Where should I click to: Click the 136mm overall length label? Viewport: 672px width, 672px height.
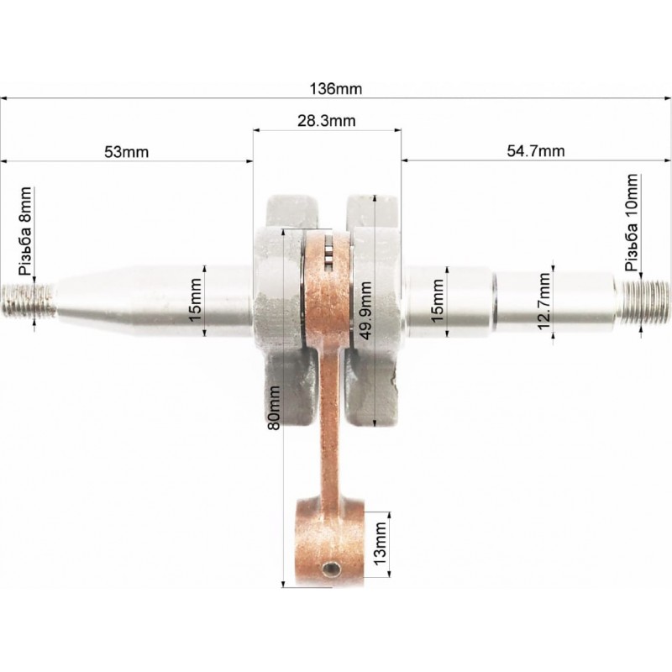[335, 89]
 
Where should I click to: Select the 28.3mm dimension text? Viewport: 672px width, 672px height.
[327, 121]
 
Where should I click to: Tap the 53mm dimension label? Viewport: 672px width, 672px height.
[127, 152]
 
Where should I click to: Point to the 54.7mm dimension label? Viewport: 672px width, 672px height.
[536, 151]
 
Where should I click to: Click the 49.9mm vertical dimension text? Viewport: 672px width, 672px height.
[365, 310]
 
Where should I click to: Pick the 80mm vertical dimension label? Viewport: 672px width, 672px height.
[274, 407]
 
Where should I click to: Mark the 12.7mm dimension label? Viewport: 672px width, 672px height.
[543, 301]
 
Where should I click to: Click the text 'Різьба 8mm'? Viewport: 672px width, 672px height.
[25, 231]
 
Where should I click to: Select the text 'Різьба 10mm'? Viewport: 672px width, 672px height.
[632, 223]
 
